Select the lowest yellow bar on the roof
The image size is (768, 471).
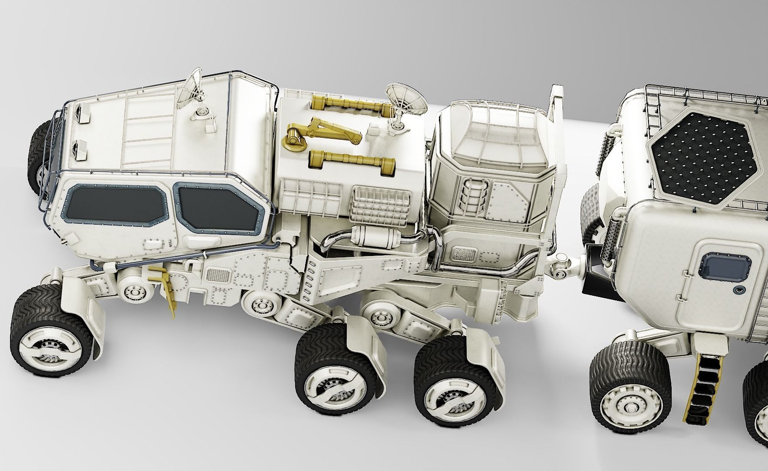pyautogui.click(x=351, y=160)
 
